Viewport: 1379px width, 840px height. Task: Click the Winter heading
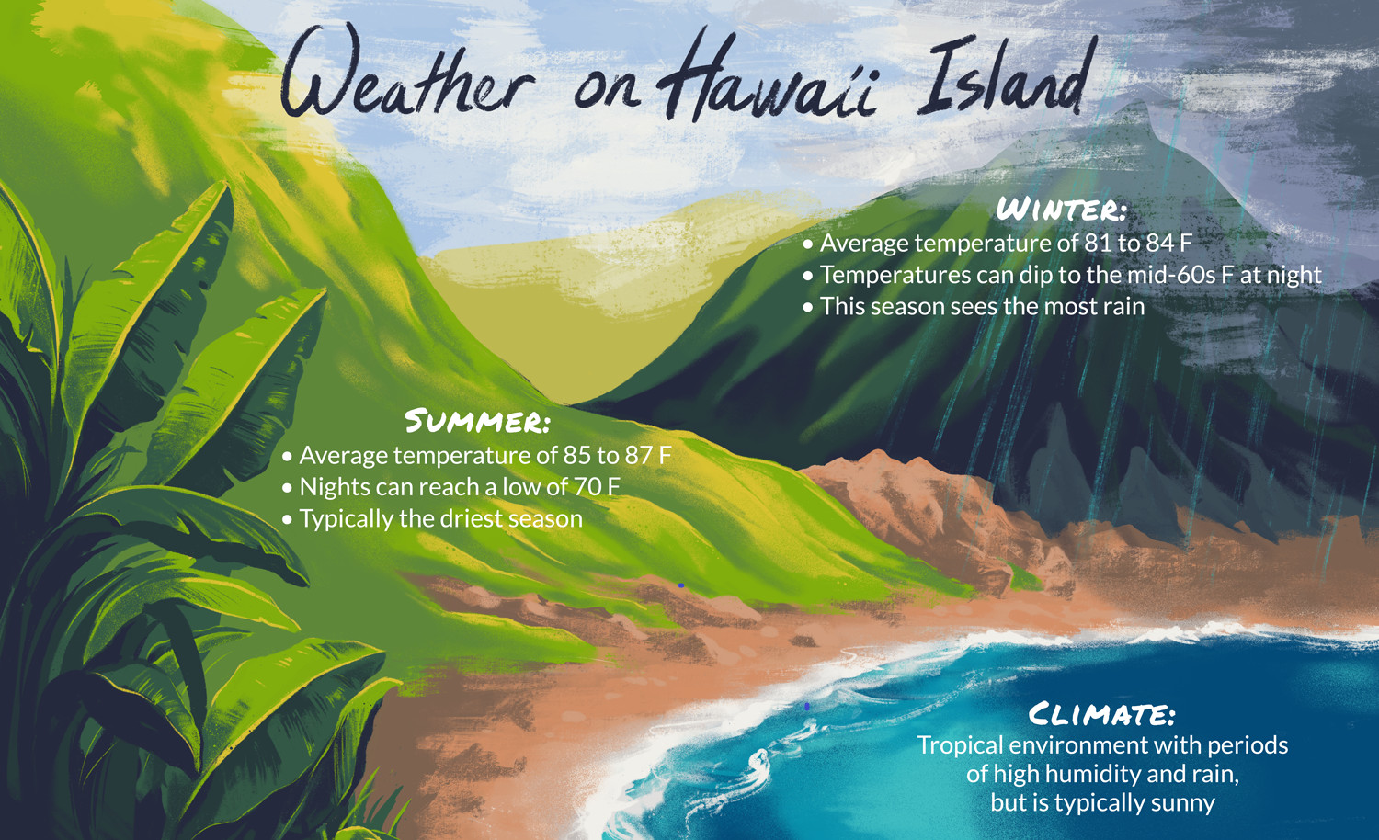[1061, 210]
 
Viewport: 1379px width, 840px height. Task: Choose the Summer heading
[477, 421]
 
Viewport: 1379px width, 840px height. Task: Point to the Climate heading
[1102, 714]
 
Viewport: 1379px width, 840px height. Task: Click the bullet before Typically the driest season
[287, 520]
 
